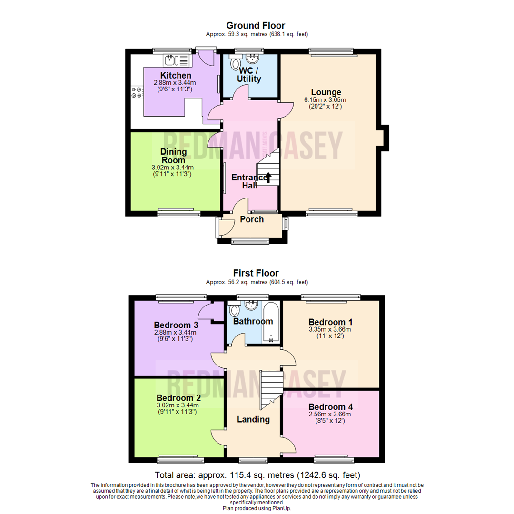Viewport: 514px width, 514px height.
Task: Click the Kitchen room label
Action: [x=176, y=75]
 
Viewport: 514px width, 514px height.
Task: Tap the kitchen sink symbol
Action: [x=177, y=60]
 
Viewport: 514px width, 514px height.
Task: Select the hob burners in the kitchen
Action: [x=137, y=91]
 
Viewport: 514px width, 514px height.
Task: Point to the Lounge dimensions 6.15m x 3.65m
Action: [x=326, y=100]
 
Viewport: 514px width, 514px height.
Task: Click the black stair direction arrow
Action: [x=268, y=178]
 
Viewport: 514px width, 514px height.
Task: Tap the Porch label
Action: [x=252, y=219]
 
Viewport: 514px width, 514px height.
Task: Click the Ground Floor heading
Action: [x=256, y=25]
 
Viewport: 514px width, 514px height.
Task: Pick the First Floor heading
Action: [x=256, y=273]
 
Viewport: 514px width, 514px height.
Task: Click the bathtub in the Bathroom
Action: [x=271, y=321]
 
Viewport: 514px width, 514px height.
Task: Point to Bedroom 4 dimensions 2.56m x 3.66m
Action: [x=330, y=415]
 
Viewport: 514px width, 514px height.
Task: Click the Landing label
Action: [x=254, y=419]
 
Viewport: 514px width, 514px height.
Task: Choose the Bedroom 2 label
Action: [x=178, y=397]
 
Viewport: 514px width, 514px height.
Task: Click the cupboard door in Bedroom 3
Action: [x=206, y=312]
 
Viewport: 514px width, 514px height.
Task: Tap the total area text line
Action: [x=257, y=475]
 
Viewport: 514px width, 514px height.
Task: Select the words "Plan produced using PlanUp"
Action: [x=257, y=508]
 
